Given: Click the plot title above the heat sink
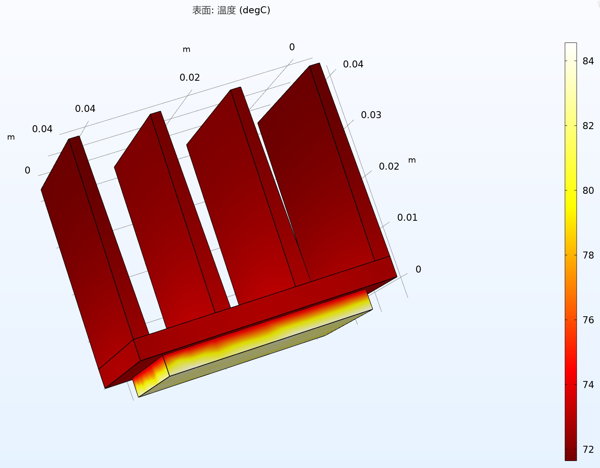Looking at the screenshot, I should tap(231, 10).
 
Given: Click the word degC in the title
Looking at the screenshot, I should tap(255, 10).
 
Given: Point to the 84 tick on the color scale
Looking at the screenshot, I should tap(588, 61).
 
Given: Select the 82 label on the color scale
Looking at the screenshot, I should tap(588, 126).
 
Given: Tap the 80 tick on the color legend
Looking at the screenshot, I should tap(588, 190).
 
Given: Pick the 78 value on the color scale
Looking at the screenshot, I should tap(588, 255).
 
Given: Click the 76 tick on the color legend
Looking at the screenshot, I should tap(588, 320).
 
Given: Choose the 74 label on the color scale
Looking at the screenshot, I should tap(588, 385).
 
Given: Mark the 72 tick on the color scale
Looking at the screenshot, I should tap(588, 449).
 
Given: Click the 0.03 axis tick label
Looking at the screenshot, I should tap(371, 115).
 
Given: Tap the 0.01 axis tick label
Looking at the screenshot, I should tap(407, 218).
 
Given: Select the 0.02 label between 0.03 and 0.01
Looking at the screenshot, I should tap(389, 167).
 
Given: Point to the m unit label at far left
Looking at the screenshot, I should tap(11, 137).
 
